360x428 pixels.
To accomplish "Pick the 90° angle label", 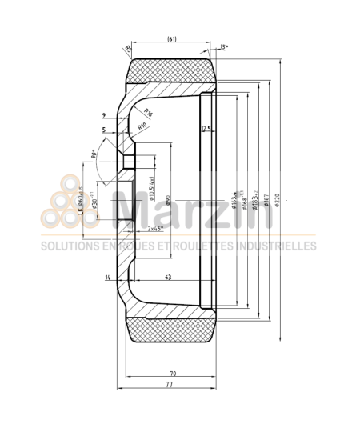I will [96, 153].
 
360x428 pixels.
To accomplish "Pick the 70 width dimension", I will [172, 374].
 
